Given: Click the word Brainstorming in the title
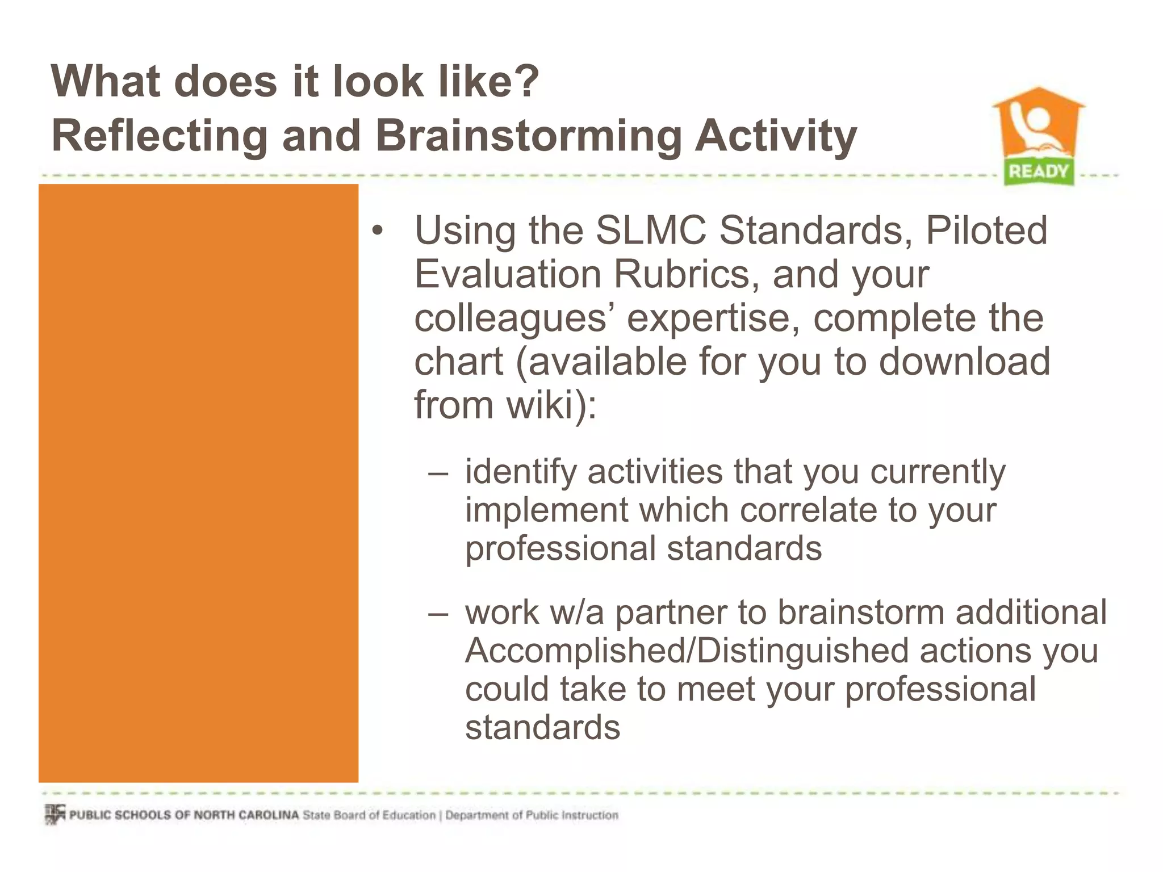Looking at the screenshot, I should [x=528, y=136].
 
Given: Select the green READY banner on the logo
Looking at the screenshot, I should [x=1038, y=171].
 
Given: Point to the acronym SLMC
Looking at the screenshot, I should [x=651, y=230].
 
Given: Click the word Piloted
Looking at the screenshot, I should [x=986, y=230].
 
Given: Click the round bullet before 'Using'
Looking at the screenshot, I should [x=378, y=232].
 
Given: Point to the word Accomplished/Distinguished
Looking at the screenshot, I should [x=687, y=651].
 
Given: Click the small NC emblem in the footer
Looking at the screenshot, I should [x=55, y=814].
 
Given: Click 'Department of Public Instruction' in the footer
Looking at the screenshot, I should [x=532, y=815].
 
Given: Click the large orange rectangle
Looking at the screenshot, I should [x=198, y=483].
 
